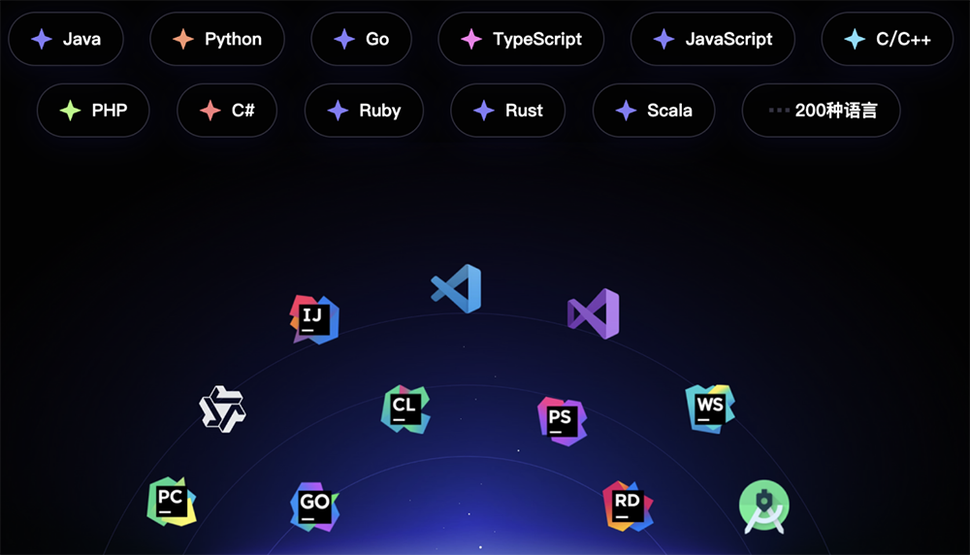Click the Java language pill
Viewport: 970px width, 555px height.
pyautogui.click(x=66, y=39)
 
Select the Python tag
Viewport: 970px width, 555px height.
pyautogui.click(x=217, y=39)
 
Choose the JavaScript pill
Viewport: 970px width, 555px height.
pyautogui.click(x=713, y=39)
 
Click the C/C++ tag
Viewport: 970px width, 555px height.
pyautogui.click(x=888, y=39)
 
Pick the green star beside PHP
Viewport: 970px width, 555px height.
pyautogui.click(x=71, y=111)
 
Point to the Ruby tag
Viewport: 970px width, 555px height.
pyautogui.click(x=364, y=111)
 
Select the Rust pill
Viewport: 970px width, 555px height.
pyautogui.click(x=508, y=111)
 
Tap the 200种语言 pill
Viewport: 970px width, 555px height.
pyautogui.click(x=821, y=111)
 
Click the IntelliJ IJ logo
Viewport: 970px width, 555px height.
pyautogui.click(x=314, y=319)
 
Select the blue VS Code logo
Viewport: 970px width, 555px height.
pyautogui.click(x=457, y=289)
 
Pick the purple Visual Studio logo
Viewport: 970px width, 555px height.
pyautogui.click(x=594, y=313)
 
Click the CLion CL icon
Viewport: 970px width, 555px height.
pyautogui.click(x=405, y=409)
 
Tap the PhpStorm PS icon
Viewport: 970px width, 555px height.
pyautogui.click(x=562, y=421)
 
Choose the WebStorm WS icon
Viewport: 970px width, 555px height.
pyautogui.click(x=710, y=409)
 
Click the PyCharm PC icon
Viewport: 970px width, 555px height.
pyautogui.click(x=172, y=502)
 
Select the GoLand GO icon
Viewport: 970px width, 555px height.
pyautogui.click(x=314, y=506)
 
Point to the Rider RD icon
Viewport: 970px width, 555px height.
pyautogui.click(x=628, y=506)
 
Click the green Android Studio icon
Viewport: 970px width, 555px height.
pyautogui.click(x=764, y=506)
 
